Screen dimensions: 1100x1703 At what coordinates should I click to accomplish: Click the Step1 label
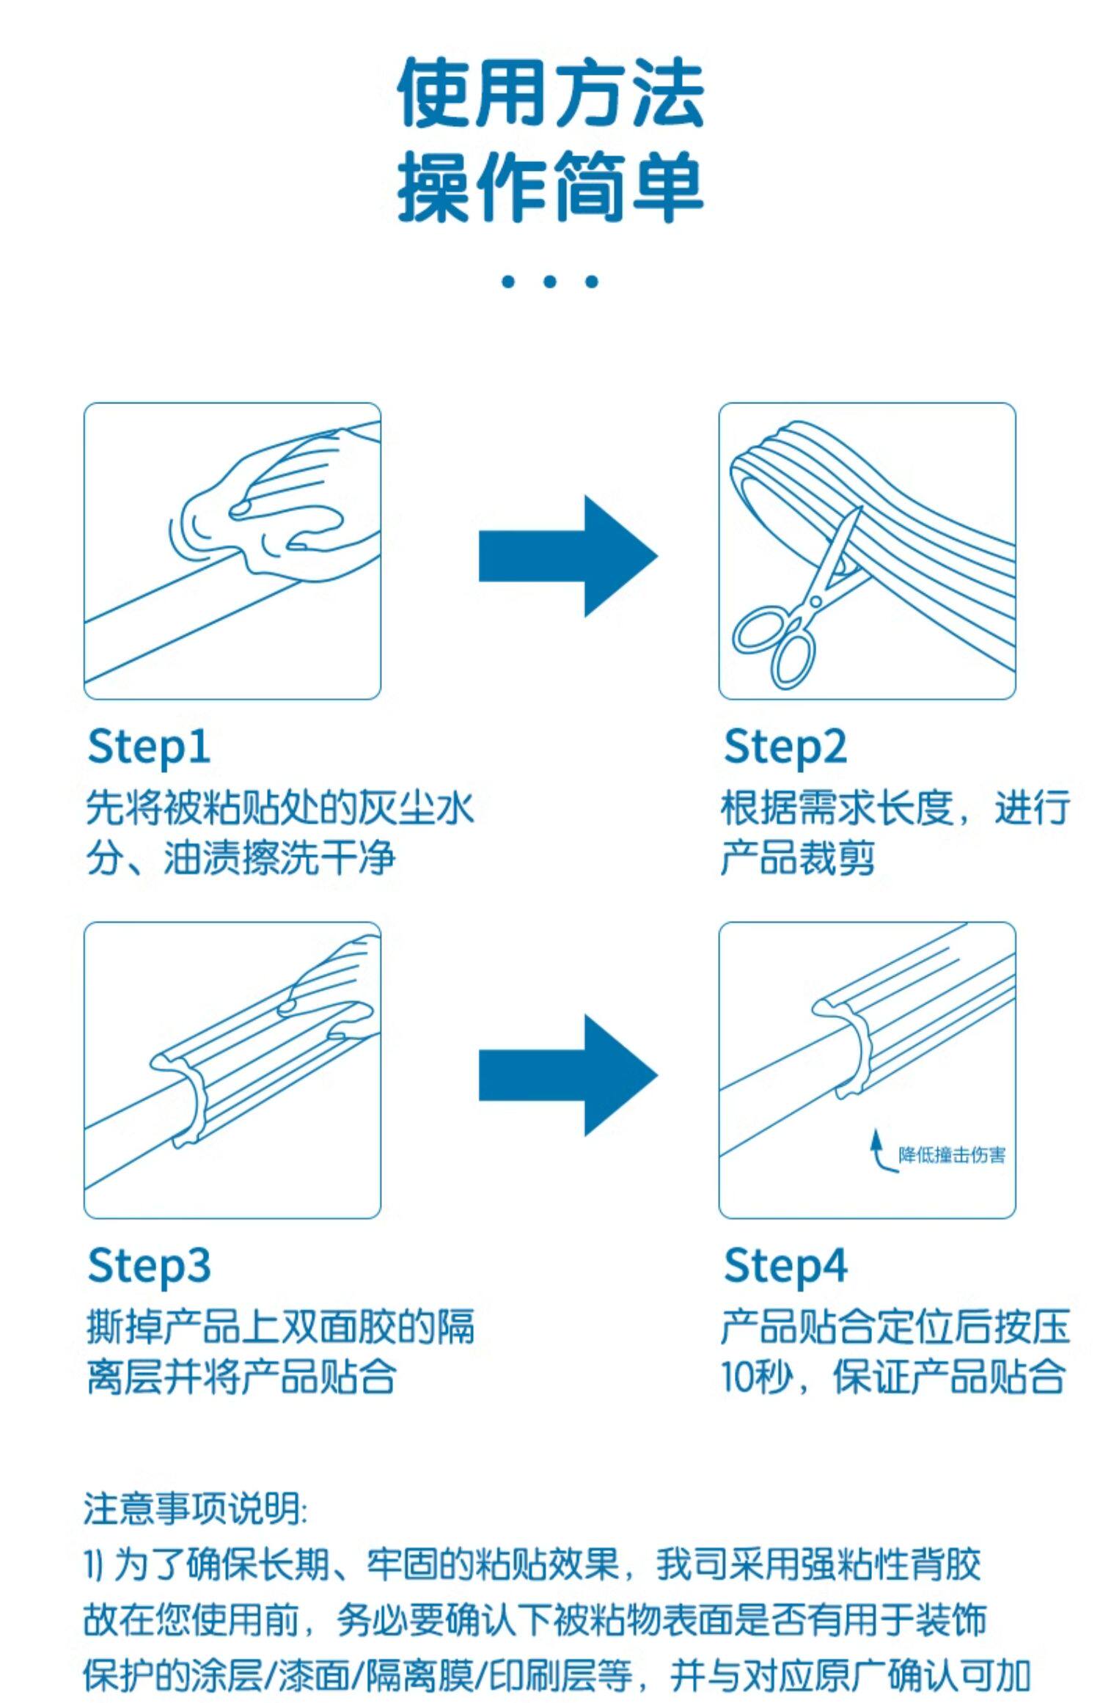pos(149,747)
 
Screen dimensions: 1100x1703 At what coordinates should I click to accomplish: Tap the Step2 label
pos(785,747)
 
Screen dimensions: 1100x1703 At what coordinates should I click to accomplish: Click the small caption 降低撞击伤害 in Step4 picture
pos(951,1155)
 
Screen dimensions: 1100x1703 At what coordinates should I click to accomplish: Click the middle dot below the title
pos(550,281)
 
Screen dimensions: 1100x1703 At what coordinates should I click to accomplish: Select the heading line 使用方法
pos(550,94)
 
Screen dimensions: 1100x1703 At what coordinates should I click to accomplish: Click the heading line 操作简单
pos(550,187)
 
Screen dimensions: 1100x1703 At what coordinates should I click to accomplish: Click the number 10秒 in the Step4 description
pos(758,1377)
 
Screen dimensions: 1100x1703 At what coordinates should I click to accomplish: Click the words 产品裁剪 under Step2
pos(798,857)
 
